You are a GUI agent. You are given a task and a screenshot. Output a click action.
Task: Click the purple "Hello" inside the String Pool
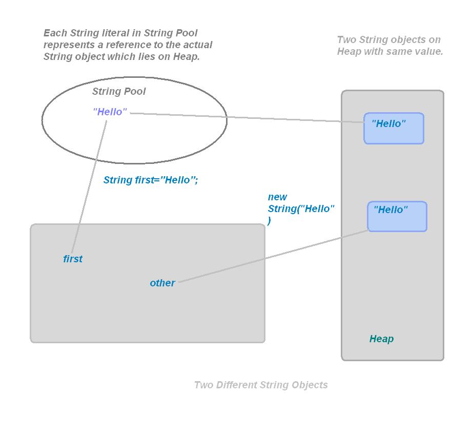click(110, 112)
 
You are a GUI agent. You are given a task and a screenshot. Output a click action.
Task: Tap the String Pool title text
click(119, 92)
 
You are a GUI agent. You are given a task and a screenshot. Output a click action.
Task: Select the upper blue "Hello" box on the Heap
click(394, 128)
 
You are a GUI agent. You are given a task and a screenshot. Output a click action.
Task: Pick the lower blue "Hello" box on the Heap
click(397, 216)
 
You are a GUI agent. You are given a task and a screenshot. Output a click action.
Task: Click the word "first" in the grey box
click(73, 259)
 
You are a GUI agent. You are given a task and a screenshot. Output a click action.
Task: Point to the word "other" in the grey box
click(162, 283)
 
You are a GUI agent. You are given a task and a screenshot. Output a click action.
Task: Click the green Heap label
click(381, 339)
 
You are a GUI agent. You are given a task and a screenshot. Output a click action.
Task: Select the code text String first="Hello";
click(151, 180)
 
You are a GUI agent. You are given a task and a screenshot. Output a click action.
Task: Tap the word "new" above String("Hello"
click(277, 197)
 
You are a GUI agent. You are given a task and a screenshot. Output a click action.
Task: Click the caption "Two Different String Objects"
click(261, 385)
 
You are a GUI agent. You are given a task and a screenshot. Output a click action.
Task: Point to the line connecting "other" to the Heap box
click(272, 257)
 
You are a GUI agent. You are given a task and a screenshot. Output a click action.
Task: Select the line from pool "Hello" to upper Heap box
click(246, 118)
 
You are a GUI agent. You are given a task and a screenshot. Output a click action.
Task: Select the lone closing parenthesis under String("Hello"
click(270, 220)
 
